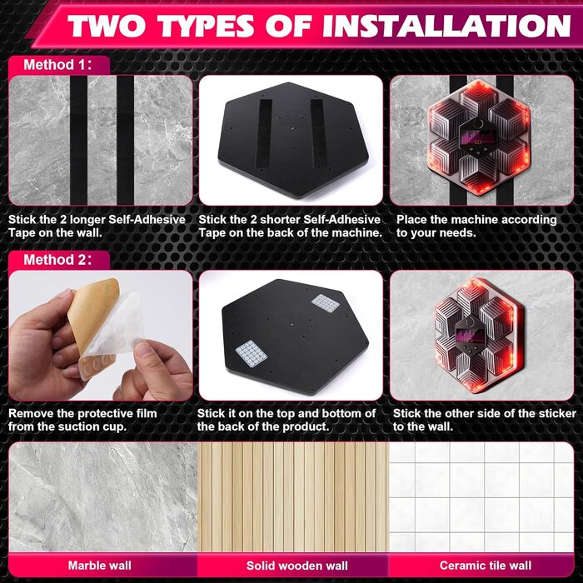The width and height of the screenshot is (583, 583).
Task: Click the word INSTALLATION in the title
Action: [446, 26]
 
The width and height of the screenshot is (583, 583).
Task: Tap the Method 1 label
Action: [57, 65]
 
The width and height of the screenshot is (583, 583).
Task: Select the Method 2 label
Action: [57, 260]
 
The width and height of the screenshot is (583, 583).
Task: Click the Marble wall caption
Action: [100, 566]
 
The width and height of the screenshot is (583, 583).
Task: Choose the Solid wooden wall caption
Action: [297, 566]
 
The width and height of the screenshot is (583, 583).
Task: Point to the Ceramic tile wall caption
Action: [486, 566]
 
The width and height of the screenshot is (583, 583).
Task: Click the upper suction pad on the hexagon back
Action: [326, 303]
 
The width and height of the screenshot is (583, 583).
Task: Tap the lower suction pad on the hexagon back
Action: [252, 353]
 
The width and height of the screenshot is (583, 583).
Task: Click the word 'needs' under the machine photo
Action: [454, 233]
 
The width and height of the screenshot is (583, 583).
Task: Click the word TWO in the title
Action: [110, 26]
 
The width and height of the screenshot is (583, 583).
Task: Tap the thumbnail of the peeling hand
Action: [101, 336]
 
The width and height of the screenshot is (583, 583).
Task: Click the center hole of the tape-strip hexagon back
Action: [292, 128]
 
